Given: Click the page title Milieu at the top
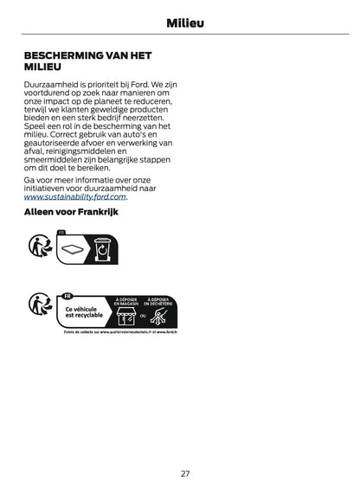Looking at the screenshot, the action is pyautogui.click(x=179, y=22).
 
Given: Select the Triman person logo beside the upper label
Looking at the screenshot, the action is pyautogui.click(x=38, y=247).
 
